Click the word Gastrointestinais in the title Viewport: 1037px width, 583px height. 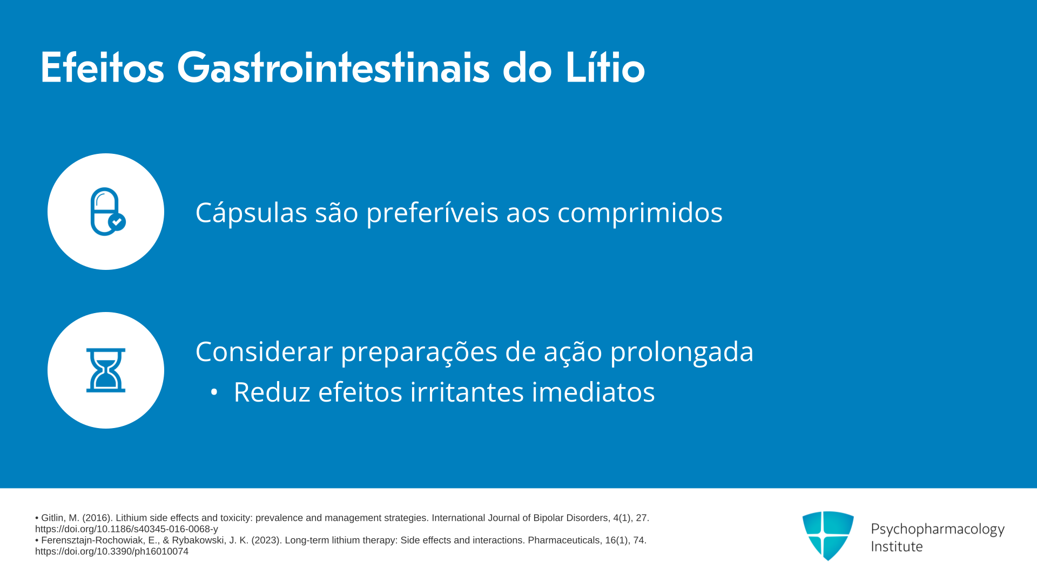click(x=333, y=68)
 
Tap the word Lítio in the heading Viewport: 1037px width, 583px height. click(x=605, y=67)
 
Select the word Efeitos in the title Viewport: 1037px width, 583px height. click(x=102, y=67)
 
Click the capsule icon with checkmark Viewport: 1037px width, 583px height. click(x=107, y=212)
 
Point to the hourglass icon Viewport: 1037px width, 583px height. click(x=106, y=370)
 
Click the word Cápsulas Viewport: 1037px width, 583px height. click(x=251, y=213)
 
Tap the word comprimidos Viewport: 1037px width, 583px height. click(x=640, y=213)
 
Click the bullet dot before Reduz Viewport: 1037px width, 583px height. click(x=214, y=392)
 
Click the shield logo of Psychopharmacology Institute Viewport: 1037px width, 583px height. click(x=828, y=535)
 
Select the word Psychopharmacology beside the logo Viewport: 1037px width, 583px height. click(x=938, y=530)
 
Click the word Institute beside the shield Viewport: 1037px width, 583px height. click(x=897, y=546)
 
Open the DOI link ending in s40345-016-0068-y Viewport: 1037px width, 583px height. click(x=126, y=529)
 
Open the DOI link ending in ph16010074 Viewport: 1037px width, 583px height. click(x=112, y=551)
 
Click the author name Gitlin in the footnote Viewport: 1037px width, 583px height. click(x=52, y=518)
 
